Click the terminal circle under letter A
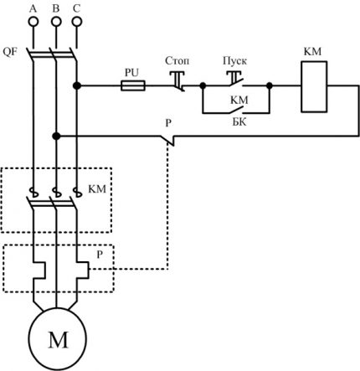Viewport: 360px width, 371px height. click(34, 25)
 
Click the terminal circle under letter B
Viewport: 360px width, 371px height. click(55, 25)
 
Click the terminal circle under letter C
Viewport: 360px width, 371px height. click(76, 25)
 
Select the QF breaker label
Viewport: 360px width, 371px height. click(11, 51)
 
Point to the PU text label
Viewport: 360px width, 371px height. click(131, 73)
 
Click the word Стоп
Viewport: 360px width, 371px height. click(177, 61)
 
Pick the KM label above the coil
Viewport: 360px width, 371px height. click(311, 52)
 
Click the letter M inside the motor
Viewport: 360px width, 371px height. click(59, 338)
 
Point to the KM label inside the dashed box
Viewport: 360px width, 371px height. click(97, 190)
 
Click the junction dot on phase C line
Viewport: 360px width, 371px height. click(76, 85)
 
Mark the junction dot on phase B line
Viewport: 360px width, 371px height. click(55, 135)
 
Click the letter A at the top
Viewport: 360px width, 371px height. click(33, 8)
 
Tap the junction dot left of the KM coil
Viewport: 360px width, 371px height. click(270, 85)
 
